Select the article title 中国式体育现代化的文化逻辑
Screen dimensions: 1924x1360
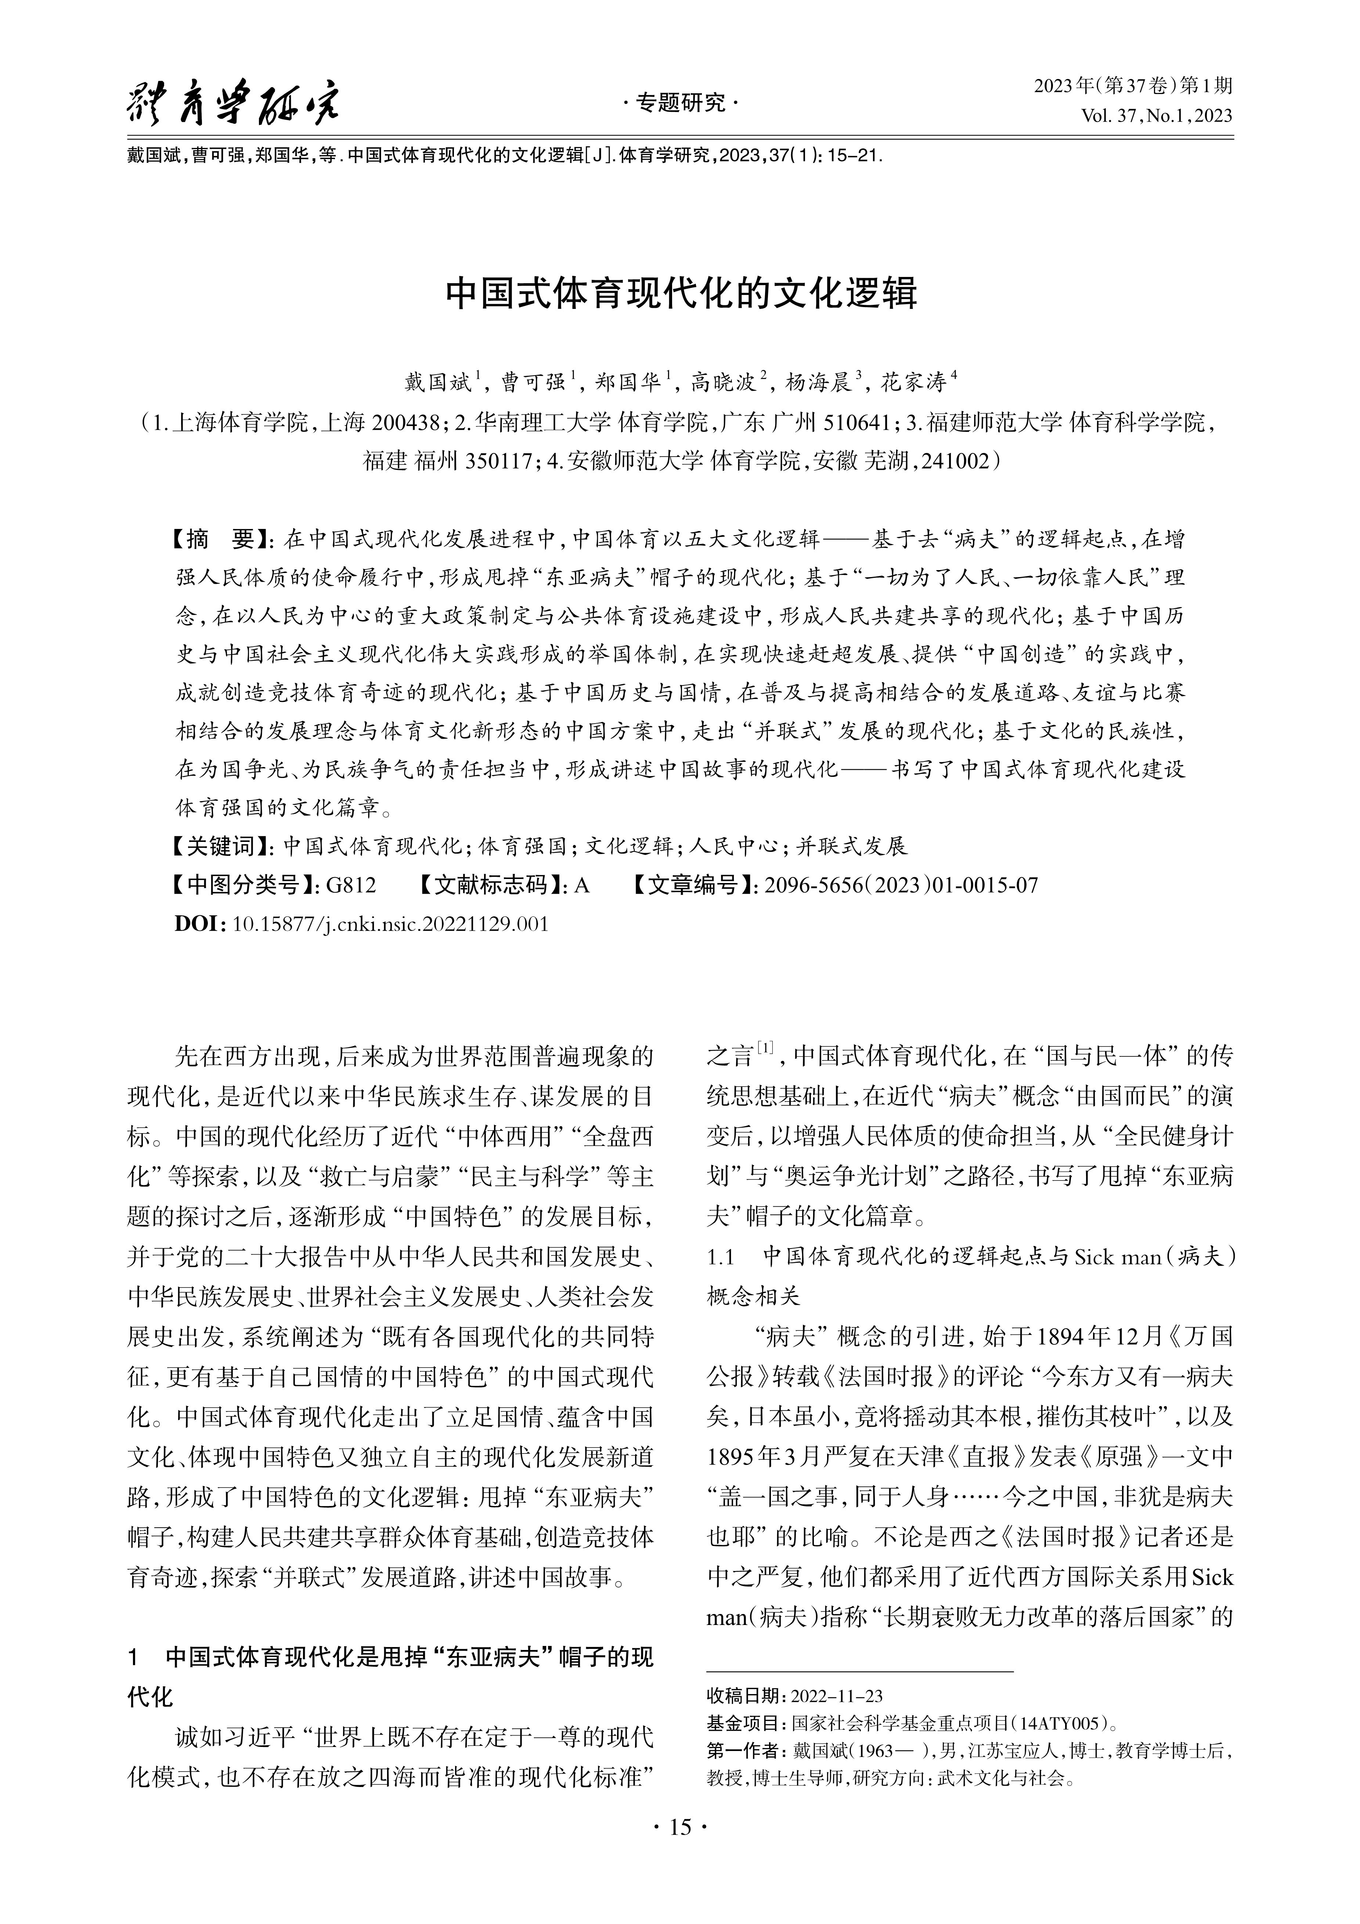pyautogui.click(x=681, y=293)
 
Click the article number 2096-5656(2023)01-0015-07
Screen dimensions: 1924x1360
pyautogui.click(x=901, y=885)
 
